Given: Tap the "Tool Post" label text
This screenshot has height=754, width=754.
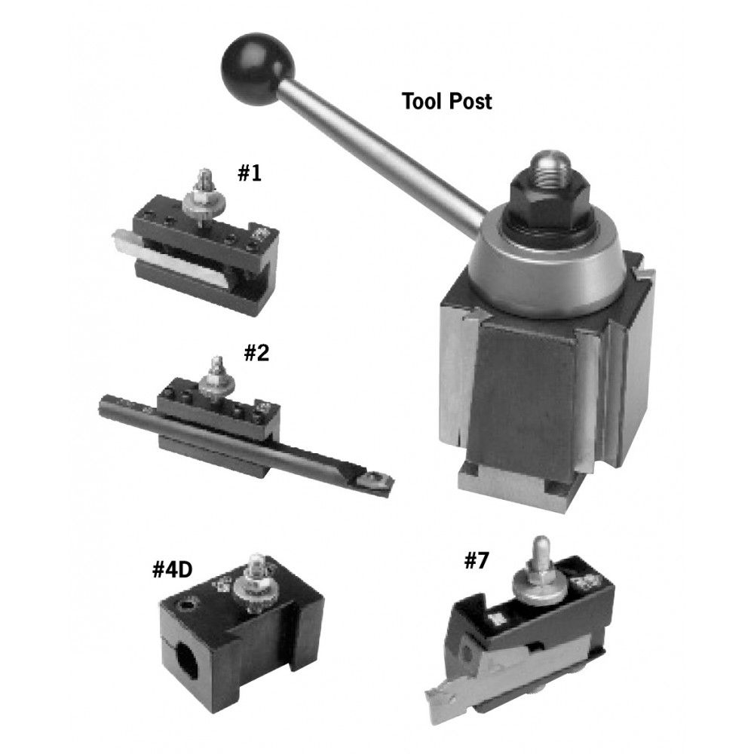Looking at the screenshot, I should [447, 101].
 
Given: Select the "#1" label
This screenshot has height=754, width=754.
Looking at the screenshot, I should [249, 173].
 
